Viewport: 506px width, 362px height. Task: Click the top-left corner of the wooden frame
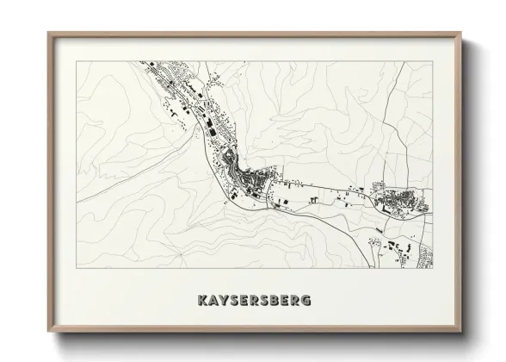click(x=48, y=33)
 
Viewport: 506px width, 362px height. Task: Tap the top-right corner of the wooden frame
click(x=462, y=33)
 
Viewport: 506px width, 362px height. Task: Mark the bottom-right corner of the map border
click(x=433, y=268)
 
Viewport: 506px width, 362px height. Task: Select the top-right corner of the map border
click(x=433, y=61)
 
